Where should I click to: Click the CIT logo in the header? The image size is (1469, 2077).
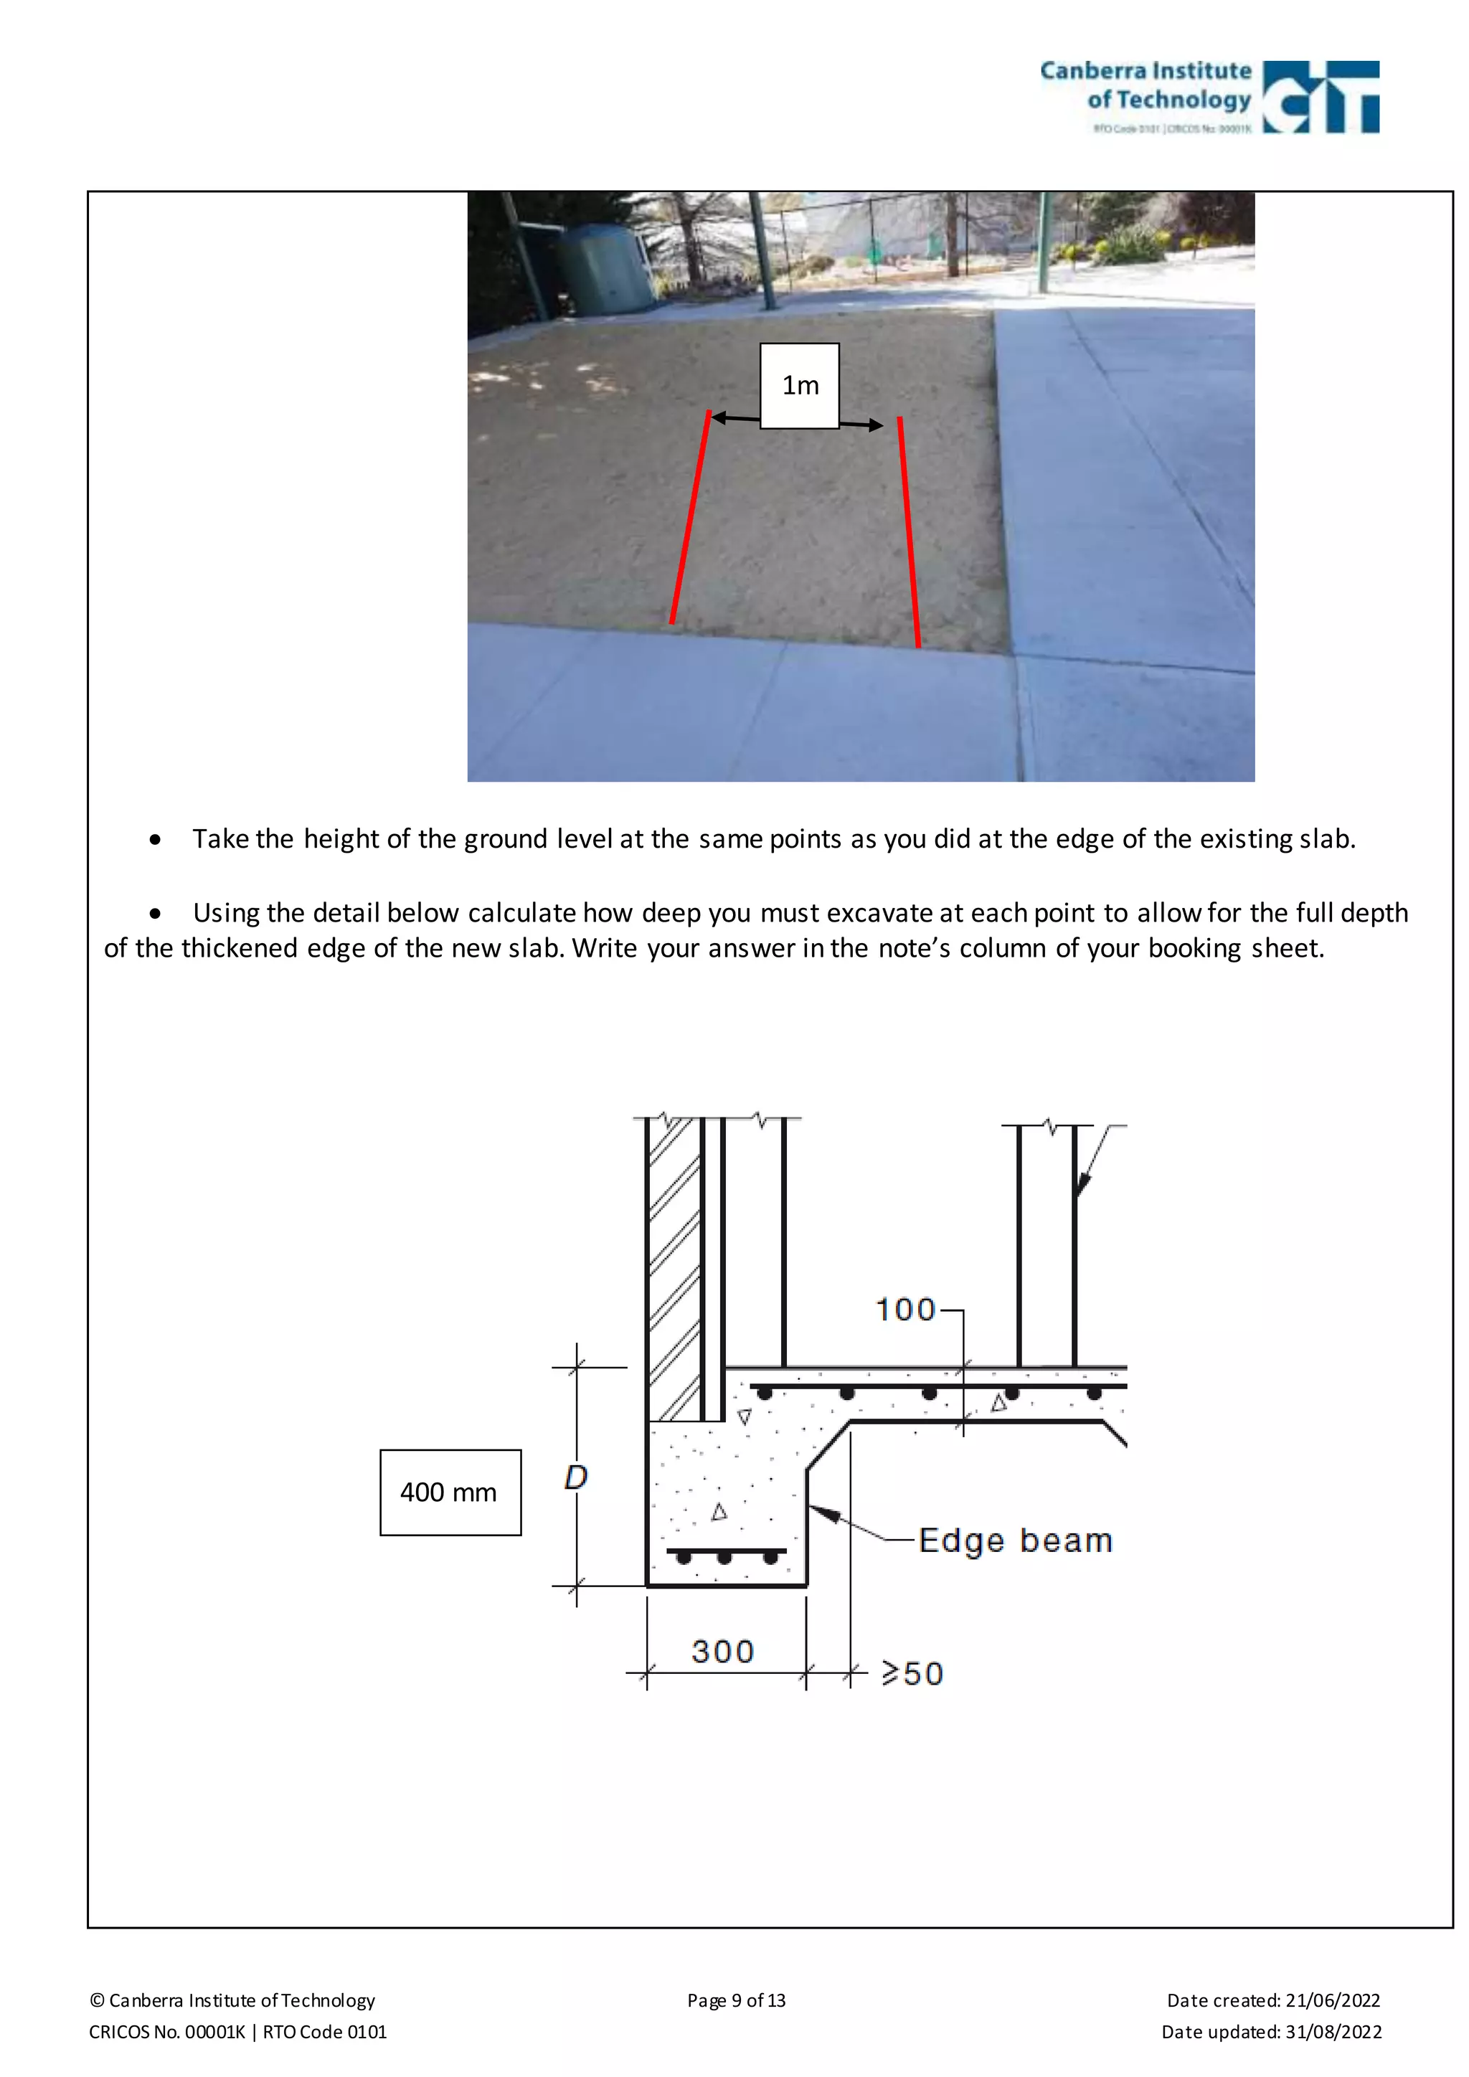[1321, 97]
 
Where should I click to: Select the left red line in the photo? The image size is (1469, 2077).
[690, 517]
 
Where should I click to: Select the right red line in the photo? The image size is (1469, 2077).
[909, 532]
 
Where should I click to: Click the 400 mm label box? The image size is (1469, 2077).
[450, 1492]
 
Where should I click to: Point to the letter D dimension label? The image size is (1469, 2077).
[576, 1477]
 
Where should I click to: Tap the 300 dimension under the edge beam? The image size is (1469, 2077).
[723, 1651]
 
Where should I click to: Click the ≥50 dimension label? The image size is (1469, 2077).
[912, 1673]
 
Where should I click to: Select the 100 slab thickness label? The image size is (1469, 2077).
[905, 1309]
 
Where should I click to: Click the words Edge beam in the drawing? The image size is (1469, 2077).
[1015, 1540]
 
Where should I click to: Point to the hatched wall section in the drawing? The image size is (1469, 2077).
[675, 1267]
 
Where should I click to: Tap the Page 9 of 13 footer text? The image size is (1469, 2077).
[737, 2000]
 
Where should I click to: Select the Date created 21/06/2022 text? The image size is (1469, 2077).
[1272, 2000]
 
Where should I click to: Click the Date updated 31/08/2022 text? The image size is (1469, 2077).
[1271, 2032]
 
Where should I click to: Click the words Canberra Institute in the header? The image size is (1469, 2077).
[1146, 70]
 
